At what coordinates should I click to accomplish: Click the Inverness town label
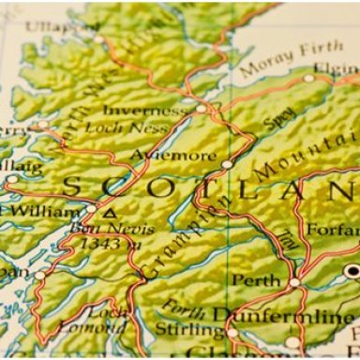(x=144, y=111)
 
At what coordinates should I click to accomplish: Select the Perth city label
(x=255, y=280)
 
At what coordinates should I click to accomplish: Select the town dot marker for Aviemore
(x=227, y=164)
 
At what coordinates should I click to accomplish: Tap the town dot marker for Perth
(x=294, y=281)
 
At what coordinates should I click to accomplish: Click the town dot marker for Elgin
(x=309, y=78)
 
